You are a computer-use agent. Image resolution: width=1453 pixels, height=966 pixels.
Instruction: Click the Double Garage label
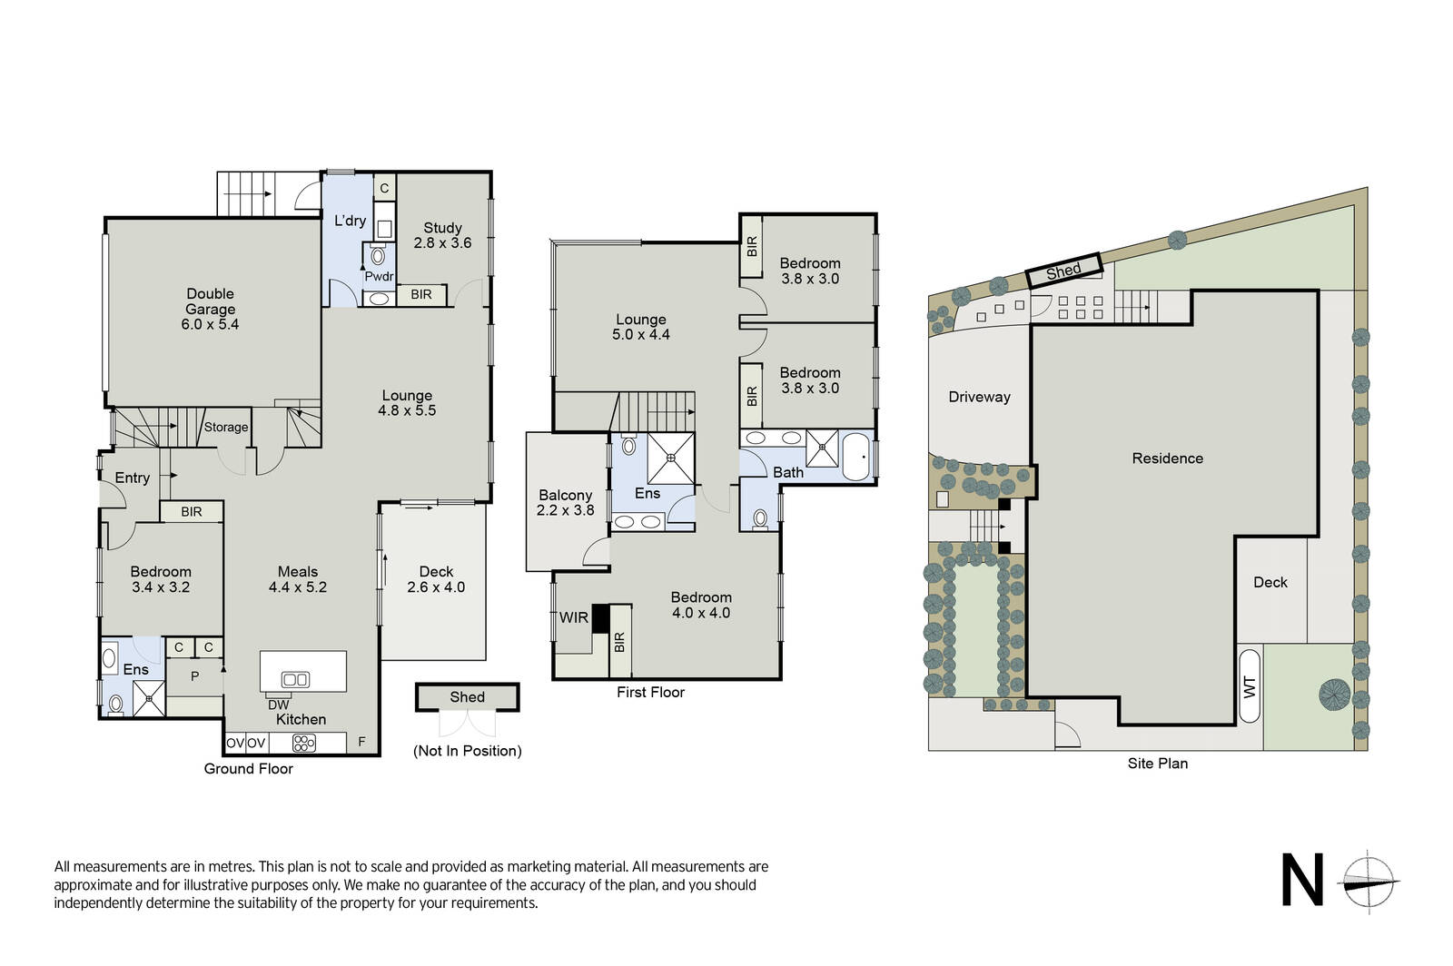tap(210, 301)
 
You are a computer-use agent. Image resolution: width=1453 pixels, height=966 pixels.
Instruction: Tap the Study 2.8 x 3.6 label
tap(442, 235)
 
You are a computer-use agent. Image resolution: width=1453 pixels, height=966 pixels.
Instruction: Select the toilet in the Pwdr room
tap(378, 255)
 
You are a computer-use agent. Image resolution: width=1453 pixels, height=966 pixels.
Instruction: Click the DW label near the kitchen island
tap(278, 705)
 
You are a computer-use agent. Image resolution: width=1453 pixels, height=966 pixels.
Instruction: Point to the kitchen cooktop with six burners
tap(303, 743)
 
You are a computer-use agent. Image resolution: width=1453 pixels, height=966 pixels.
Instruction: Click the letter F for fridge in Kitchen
tap(362, 743)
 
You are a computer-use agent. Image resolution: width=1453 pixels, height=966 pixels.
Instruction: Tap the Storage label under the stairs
tap(226, 428)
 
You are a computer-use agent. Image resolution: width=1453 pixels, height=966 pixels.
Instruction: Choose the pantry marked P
tap(194, 677)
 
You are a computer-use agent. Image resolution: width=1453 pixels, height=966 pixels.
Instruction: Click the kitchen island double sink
tap(295, 679)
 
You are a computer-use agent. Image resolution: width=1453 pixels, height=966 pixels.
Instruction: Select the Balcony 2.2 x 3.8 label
tap(565, 502)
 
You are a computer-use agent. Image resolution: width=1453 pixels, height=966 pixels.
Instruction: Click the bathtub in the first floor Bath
tap(855, 457)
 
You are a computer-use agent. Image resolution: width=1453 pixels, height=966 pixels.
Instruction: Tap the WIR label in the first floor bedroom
tap(573, 618)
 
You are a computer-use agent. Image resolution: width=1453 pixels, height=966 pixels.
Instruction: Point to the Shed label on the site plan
tap(1063, 271)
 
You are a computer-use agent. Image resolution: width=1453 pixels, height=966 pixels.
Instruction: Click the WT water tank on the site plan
tap(1250, 686)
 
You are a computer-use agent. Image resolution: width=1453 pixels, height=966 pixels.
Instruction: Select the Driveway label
tap(979, 397)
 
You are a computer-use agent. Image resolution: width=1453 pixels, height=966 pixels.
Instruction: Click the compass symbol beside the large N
tap(1368, 882)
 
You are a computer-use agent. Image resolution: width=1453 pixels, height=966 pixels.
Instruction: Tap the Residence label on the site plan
tap(1167, 458)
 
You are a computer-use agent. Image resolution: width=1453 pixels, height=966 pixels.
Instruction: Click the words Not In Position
tap(467, 751)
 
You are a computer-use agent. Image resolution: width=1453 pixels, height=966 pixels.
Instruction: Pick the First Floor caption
tap(650, 693)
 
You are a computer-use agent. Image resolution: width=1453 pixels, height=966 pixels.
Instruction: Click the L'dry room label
tap(350, 221)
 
